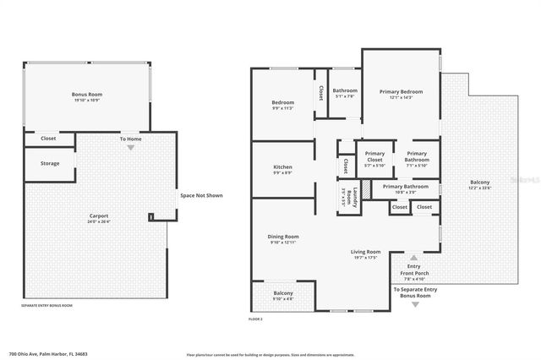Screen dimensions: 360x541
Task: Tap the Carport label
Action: pyautogui.click(x=99, y=216)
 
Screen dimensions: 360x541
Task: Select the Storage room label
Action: pyautogui.click(x=50, y=163)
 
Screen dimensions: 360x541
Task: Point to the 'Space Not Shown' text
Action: pyautogui.click(x=201, y=195)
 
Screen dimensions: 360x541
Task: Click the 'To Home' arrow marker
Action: pyautogui.click(x=130, y=147)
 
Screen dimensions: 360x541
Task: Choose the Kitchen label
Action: pyautogui.click(x=282, y=167)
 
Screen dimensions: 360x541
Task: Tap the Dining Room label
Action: pyautogui.click(x=285, y=237)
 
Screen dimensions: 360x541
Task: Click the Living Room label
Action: pyautogui.click(x=366, y=252)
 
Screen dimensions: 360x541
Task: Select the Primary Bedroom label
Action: pyautogui.click(x=401, y=91)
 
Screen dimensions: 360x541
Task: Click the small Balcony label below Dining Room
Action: pyautogui.click(x=282, y=293)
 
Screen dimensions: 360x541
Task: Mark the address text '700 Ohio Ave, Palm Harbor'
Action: pyautogui.click(x=48, y=353)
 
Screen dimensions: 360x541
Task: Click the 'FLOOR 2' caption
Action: pyautogui.click(x=256, y=319)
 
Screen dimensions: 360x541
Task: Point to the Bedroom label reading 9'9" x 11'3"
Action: pyautogui.click(x=282, y=103)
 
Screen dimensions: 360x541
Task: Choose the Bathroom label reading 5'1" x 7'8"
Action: pyautogui.click(x=345, y=91)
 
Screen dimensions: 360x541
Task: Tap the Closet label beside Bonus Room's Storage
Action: pyautogui.click(x=48, y=138)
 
